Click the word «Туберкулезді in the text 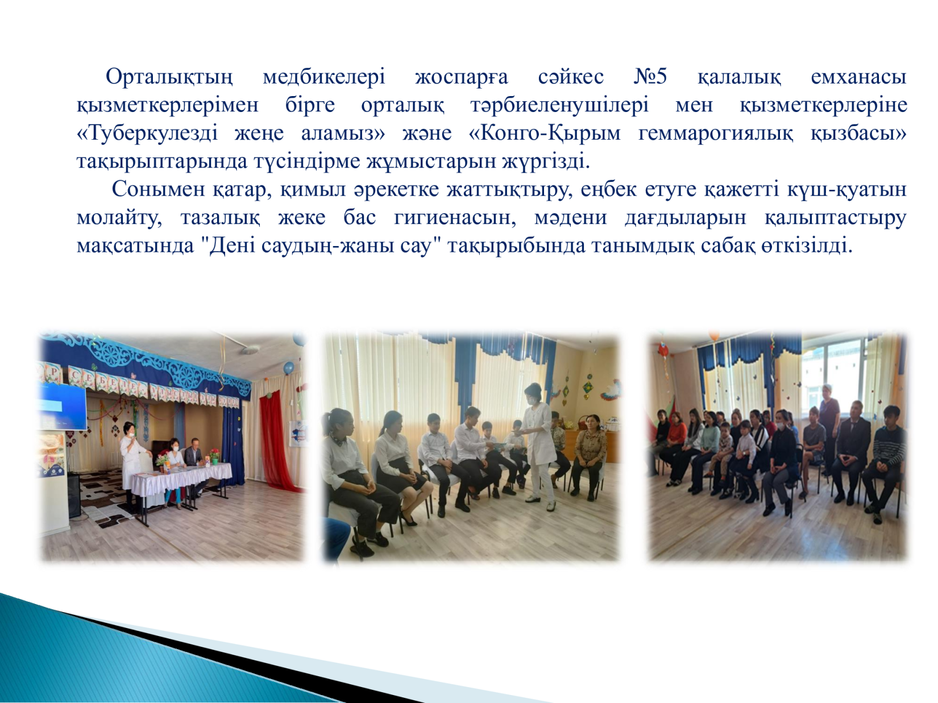point(147,133)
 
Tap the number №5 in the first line point(650,77)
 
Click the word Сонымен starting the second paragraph point(158,189)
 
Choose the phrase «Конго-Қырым point(545,133)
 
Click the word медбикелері point(323,77)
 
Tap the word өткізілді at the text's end point(806,246)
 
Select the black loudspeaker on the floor point(73,495)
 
